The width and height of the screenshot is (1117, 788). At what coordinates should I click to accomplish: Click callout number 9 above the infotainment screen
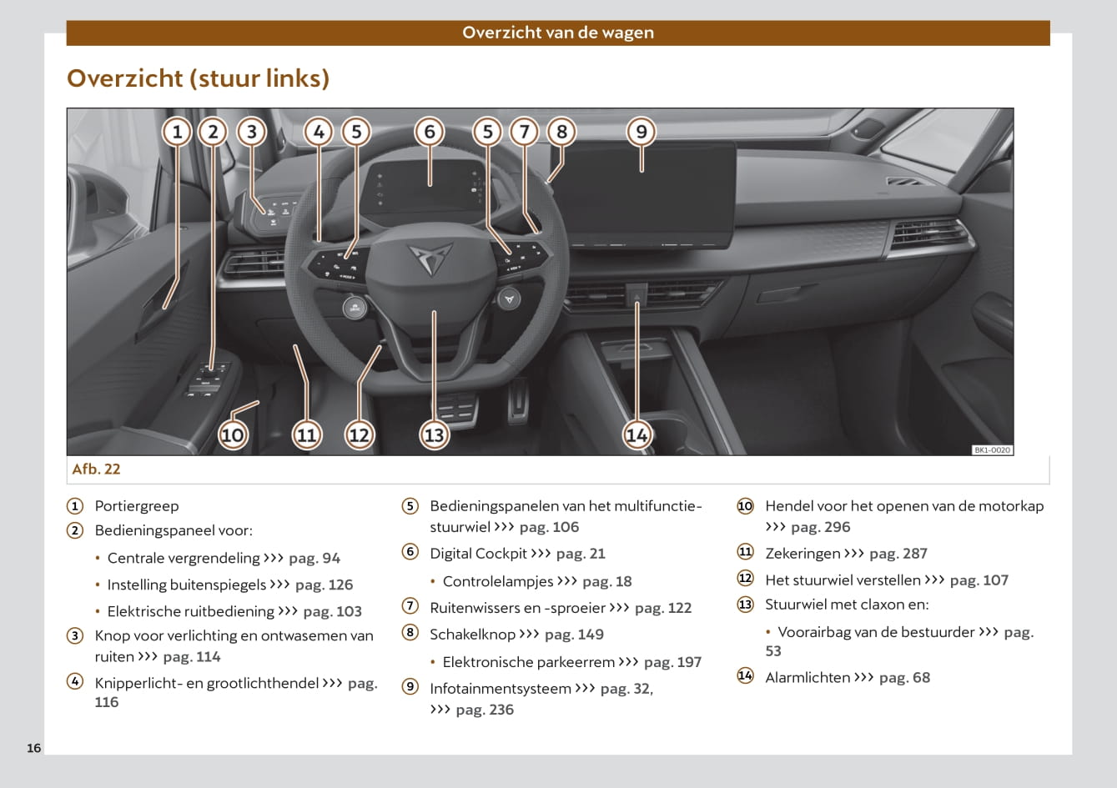(642, 132)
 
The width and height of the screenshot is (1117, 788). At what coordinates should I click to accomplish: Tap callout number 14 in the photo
(637, 435)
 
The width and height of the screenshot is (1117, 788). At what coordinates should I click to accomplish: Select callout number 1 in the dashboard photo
(177, 132)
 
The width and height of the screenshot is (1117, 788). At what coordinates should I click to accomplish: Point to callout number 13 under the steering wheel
(434, 435)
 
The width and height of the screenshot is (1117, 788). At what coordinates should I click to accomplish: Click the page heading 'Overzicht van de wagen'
(558, 33)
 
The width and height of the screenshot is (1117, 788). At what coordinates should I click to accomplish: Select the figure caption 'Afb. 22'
(96, 469)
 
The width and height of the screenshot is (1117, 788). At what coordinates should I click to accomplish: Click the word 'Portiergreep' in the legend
(137, 506)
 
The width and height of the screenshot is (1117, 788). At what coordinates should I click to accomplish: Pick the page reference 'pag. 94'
(314, 558)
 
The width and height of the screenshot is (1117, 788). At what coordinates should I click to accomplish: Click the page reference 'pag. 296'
(821, 527)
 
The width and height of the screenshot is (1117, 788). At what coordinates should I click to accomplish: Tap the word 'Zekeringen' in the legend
(803, 553)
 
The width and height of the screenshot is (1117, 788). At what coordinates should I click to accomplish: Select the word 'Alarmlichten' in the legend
(808, 677)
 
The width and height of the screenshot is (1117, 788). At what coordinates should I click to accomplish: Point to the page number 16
(34, 748)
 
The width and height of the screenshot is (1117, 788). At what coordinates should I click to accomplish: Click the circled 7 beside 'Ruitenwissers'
(410, 606)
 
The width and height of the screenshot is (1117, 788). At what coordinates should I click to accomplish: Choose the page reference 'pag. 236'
(485, 710)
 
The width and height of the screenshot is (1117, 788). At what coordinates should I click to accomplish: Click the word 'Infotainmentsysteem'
(501, 689)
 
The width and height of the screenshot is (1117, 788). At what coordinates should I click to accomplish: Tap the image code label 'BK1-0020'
(993, 450)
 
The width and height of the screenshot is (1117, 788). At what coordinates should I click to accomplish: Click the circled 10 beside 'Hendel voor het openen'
(745, 506)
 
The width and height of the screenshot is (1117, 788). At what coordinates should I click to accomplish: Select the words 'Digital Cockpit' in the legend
(478, 554)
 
